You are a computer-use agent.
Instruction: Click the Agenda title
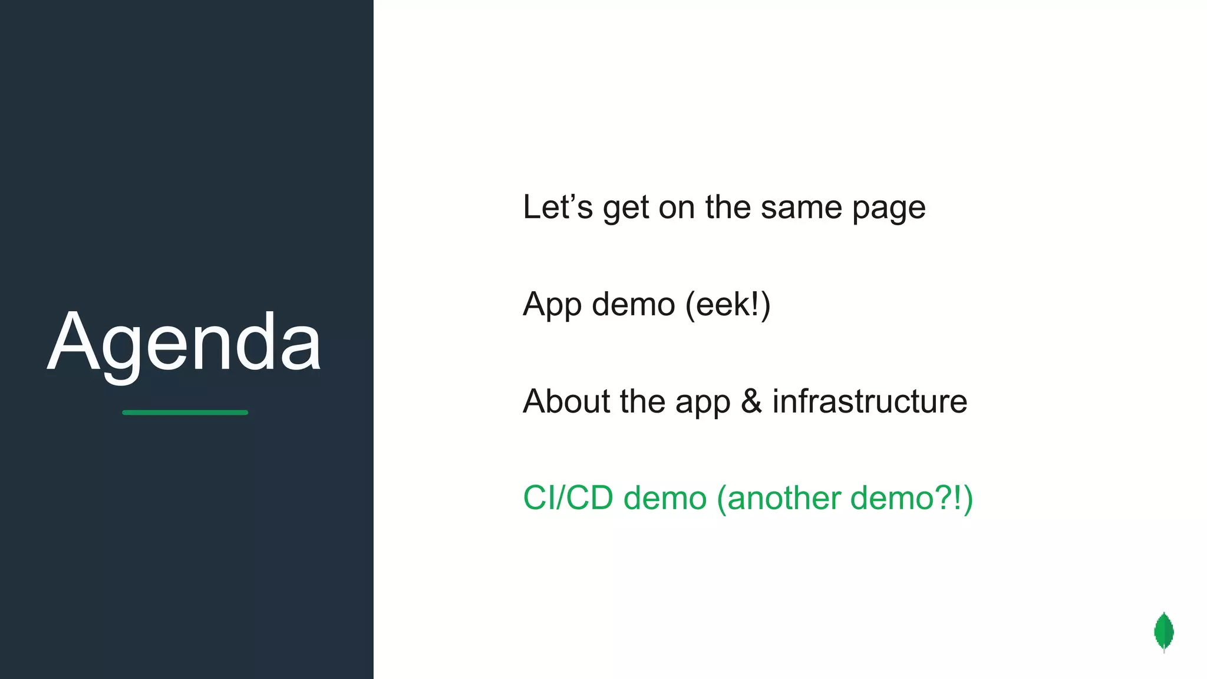click(184, 343)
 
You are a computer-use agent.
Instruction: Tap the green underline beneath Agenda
click(185, 413)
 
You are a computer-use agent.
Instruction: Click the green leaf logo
click(1163, 632)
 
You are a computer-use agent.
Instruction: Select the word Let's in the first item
click(558, 207)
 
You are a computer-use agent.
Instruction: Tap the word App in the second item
click(552, 305)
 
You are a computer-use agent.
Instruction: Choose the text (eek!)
click(728, 305)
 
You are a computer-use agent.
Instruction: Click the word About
click(566, 401)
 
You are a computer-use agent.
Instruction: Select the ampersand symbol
click(751, 401)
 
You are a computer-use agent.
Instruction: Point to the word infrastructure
click(870, 401)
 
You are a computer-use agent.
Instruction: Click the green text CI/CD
click(568, 498)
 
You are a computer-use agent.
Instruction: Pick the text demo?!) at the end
click(911, 498)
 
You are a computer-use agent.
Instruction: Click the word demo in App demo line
click(633, 305)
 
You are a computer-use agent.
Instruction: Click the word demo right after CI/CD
click(665, 498)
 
